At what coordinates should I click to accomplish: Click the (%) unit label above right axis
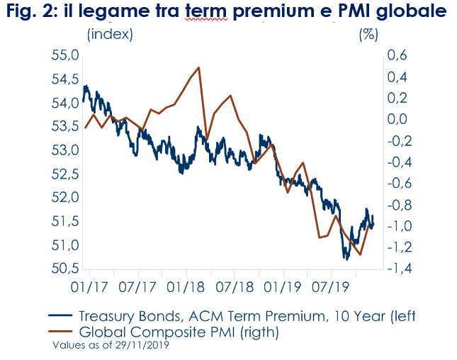(x=369, y=35)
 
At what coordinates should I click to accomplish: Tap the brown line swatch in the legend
(x=61, y=332)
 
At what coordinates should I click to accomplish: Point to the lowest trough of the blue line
(x=347, y=259)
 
